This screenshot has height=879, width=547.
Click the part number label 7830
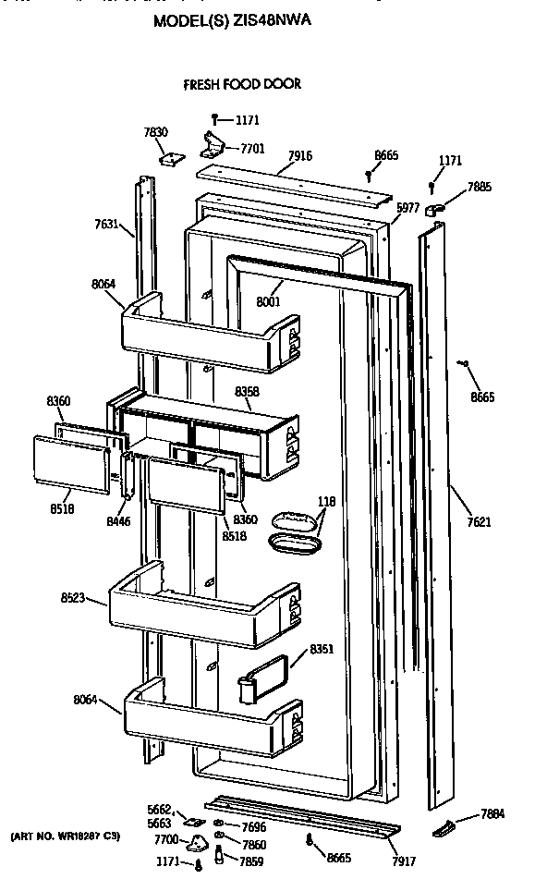(155, 132)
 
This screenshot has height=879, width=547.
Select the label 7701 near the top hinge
(252, 147)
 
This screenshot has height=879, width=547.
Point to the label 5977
(407, 208)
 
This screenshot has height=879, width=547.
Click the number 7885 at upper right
(480, 187)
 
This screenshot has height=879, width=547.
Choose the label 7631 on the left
(107, 224)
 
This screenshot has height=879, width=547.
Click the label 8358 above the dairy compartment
(248, 393)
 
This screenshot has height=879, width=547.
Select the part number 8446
(118, 521)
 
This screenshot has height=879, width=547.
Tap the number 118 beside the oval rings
(327, 502)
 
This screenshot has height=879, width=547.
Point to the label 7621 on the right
(479, 522)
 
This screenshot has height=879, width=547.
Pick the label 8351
(322, 648)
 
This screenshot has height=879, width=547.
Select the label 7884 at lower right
(492, 814)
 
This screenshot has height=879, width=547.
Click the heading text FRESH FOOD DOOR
(243, 84)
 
